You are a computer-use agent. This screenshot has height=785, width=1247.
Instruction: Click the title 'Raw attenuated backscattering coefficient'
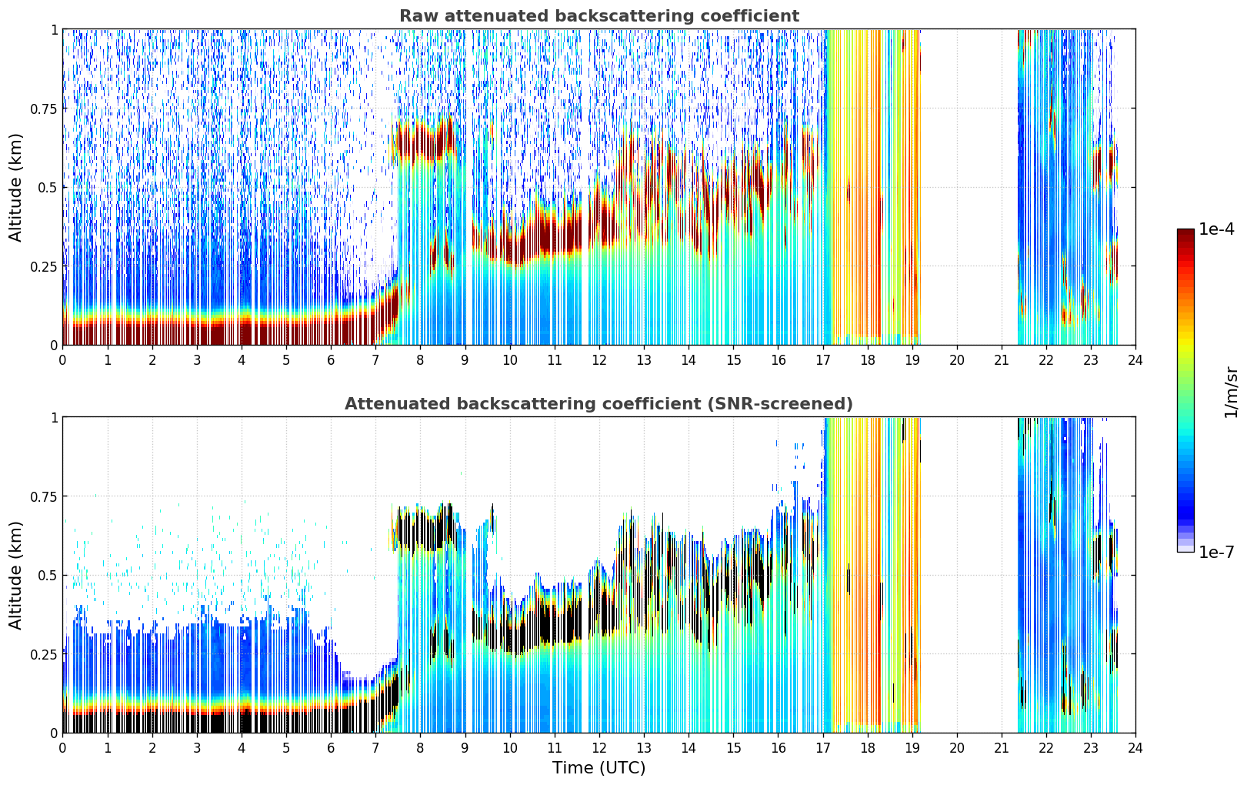click(x=599, y=15)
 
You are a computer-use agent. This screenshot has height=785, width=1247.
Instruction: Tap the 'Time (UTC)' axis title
click(x=599, y=768)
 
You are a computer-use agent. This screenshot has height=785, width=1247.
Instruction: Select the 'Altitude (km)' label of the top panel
click(x=15, y=187)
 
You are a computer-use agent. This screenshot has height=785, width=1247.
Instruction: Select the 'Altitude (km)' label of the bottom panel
click(x=15, y=575)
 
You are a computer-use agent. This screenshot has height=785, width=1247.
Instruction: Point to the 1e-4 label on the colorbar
click(x=1216, y=229)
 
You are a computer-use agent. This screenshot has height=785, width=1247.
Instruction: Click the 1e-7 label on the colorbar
click(x=1216, y=552)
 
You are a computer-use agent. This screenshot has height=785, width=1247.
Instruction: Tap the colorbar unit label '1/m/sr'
click(x=1231, y=392)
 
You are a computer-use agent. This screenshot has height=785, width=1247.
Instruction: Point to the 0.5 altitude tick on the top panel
click(x=48, y=188)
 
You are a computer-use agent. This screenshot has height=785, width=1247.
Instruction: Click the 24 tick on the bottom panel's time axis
click(x=1135, y=748)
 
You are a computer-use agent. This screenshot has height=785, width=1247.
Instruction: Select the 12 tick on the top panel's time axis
click(x=599, y=360)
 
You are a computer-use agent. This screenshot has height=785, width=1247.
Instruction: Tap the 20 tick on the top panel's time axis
click(x=957, y=360)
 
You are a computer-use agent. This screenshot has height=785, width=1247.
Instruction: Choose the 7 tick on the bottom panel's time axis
click(x=375, y=748)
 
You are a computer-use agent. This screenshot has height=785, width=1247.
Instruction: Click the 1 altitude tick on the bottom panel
click(x=54, y=418)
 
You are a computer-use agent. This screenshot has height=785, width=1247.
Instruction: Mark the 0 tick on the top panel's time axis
click(x=62, y=360)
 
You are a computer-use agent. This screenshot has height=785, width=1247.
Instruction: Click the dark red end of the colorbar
click(x=1185, y=234)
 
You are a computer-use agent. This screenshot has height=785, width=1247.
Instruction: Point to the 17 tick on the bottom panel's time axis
click(x=823, y=748)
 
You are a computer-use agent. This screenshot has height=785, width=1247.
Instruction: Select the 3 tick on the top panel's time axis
click(x=196, y=360)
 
